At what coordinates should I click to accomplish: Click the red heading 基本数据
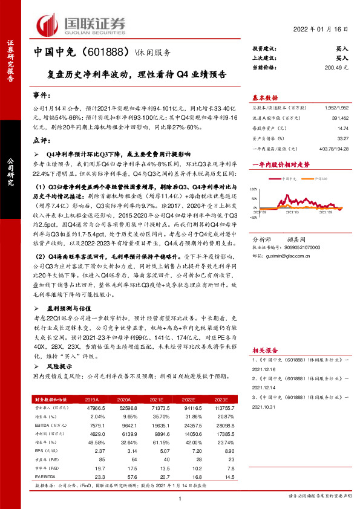[264, 97]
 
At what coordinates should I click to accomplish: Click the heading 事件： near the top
[41, 97]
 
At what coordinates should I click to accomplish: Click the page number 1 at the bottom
[180, 498]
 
